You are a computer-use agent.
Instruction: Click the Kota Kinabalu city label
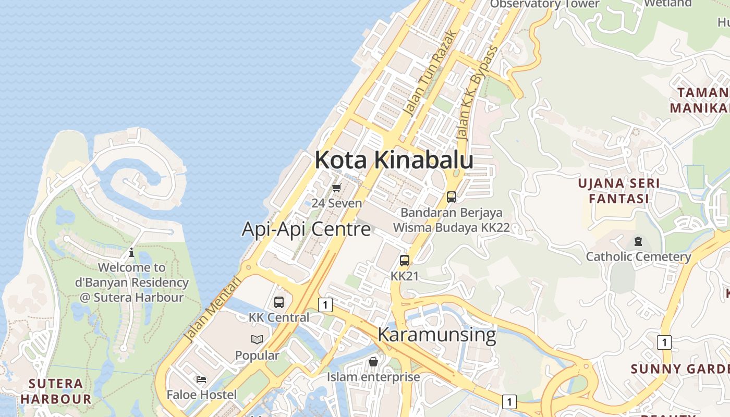[x=394, y=160]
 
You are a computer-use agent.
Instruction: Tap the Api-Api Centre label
[x=306, y=229]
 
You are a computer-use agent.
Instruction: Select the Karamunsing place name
[x=436, y=334]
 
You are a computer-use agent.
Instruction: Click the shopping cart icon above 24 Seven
[x=336, y=188]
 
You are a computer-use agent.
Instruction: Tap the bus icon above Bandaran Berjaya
[x=452, y=197]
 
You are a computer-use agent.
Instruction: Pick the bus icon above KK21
[x=405, y=261]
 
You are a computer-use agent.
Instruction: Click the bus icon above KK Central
[x=279, y=302]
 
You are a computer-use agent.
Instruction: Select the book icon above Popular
[x=257, y=340]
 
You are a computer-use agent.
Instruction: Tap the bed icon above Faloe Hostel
[x=201, y=379]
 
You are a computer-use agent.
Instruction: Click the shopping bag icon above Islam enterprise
[x=373, y=361]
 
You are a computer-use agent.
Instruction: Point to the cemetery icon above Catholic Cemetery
[x=638, y=241]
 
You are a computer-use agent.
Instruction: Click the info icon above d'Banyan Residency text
[x=131, y=253]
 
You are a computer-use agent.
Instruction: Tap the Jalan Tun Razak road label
[x=431, y=73]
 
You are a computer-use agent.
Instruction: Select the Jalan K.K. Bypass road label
[x=477, y=92]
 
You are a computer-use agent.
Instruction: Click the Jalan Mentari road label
[x=213, y=309]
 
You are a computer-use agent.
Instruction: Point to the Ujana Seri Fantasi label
[x=619, y=191]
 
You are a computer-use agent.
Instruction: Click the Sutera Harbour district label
[x=56, y=391]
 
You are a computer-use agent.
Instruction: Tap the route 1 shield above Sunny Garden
[x=664, y=342]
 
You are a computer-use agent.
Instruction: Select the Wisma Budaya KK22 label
[x=451, y=227]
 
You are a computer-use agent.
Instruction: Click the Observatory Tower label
[x=545, y=4]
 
